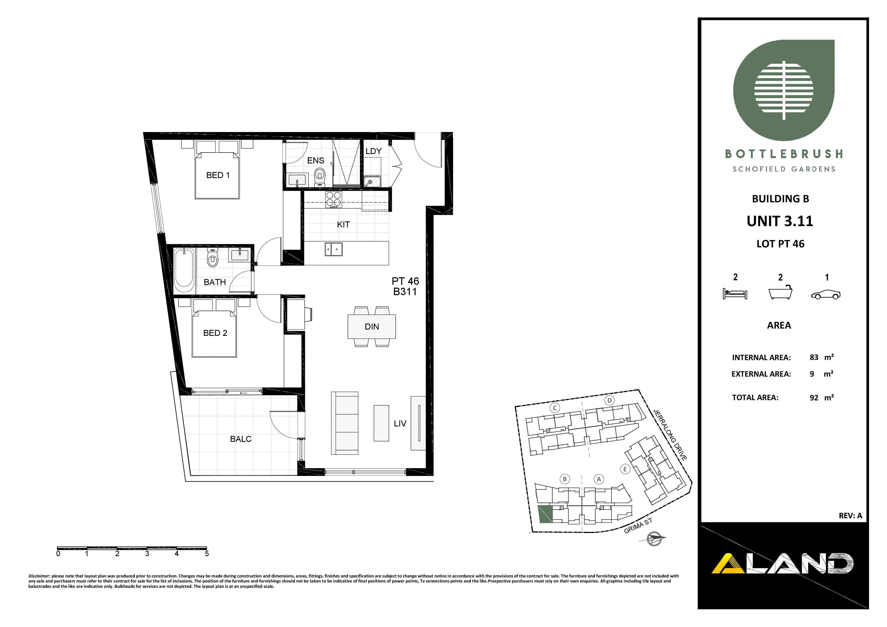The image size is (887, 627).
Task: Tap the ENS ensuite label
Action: (x=315, y=161)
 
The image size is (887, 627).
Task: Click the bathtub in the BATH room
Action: (x=184, y=270)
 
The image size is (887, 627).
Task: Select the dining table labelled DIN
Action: (x=372, y=327)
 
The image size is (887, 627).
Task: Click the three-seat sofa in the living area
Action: (x=345, y=423)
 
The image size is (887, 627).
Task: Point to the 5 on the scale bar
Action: (x=207, y=554)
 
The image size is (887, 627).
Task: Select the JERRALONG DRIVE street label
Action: (x=670, y=435)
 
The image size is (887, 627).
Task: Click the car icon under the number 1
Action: (x=826, y=294)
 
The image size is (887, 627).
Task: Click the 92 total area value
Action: (x=814, y=398)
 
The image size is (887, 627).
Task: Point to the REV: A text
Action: (x=850, y=516)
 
